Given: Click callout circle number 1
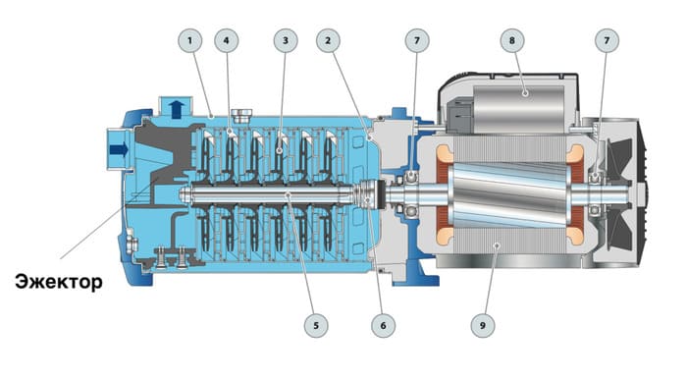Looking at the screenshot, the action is pos(189,41).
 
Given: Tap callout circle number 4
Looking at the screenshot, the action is pos(226,41).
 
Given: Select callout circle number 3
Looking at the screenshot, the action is pos(286,41).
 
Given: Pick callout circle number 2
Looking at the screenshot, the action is pos(328,41).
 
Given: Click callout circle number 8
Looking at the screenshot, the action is pos(511,41).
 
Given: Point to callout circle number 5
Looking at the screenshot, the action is pos(316,325).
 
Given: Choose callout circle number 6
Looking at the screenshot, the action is pos(384,325).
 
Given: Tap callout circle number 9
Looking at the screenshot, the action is pos(483,325).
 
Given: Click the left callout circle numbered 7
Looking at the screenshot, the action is pos(417,41).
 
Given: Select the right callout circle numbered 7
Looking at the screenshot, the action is pos(607,41).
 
